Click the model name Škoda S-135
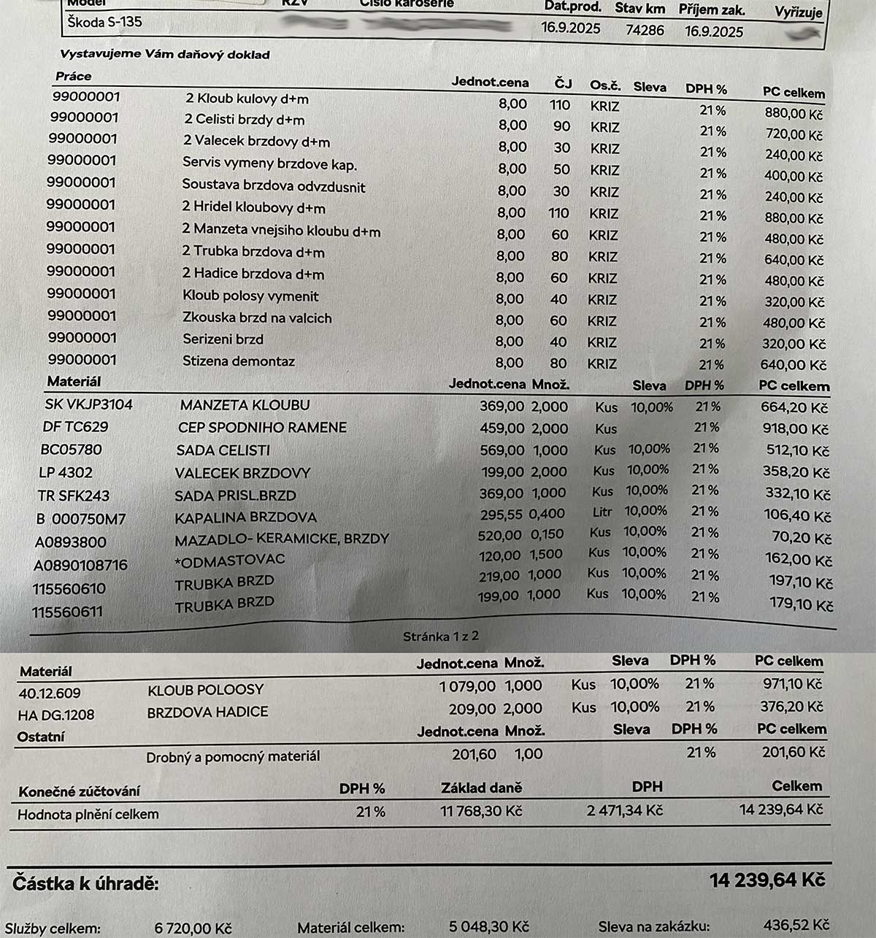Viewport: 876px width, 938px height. click(x=104, y=21)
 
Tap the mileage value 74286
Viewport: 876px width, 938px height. click(x=645, y=30)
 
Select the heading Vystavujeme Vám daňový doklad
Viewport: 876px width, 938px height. click(x=165, y=55)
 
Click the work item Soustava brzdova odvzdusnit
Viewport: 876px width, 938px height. click(x=274, y=185)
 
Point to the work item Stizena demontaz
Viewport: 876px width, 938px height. click(x=239, y=361)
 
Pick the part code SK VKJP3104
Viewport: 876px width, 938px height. click(x=88, y=404)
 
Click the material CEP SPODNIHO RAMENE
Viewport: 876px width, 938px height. click(x=262, y=427)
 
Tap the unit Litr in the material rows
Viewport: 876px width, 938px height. click(x=602, y=512)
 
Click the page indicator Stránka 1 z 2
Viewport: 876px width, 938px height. click(x=441, y=637)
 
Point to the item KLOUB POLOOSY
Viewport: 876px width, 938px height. click(x=205, y=690)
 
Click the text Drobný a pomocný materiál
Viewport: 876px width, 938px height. click(x=233, y=757)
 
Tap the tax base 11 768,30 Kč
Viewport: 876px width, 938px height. click(x=481, y=811)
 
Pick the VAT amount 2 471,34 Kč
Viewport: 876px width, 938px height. click(x=625, y=810)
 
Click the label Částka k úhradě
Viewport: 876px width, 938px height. click(x=85, y=884)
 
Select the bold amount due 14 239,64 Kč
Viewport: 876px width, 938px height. click(x=767, y=880)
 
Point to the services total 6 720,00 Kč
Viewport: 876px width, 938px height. click(x=193, y=929)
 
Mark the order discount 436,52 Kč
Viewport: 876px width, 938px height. click(x=796, y=925)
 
